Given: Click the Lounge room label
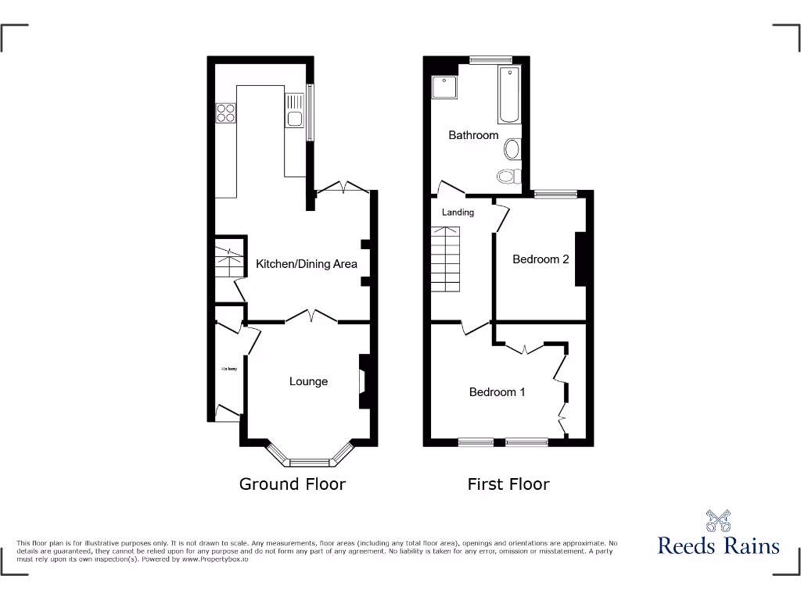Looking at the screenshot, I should tap(308, 381).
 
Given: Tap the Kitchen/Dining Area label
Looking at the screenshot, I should tap(307, 264).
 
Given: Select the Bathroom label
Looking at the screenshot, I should tap(473, 135).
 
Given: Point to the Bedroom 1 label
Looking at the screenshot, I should tap(497, 392).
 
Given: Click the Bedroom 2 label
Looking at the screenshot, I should tap(541, 259).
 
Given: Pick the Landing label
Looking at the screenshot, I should tap(458, 212).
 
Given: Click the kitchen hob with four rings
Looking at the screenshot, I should tap(226, 113).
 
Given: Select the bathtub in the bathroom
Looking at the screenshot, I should tap(509, 95).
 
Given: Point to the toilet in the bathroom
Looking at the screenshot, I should tap(509, 176).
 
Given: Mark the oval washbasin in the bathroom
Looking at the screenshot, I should tap(513, 148).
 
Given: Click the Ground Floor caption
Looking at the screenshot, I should tap(293, 484).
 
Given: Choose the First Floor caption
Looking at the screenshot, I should tap(508, 484).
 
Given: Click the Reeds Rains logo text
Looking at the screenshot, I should tap(718, 545).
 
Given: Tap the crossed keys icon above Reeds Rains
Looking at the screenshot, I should tap(718, 520).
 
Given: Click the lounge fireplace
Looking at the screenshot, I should tap(363, 381).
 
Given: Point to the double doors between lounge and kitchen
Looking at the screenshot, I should tap(311, 316).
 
